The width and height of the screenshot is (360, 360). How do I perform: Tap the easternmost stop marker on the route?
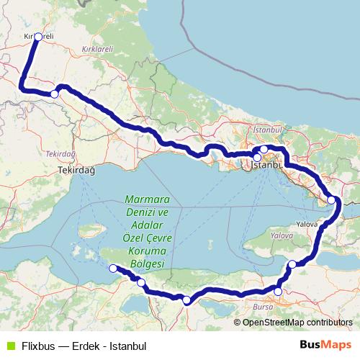click(332, 200)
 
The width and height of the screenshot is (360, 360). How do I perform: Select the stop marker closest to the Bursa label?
click(279, 292)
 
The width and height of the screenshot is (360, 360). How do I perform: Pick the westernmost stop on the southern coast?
click(112, 269)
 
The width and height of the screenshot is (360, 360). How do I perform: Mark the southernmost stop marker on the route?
click(186, 300)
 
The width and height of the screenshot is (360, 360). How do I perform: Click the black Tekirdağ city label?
click(76, 171)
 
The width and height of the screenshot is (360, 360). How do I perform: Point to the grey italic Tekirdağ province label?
click(60, 154)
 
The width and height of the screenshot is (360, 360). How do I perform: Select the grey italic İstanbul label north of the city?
click(266, 130)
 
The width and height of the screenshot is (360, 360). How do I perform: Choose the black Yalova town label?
click(307, 224)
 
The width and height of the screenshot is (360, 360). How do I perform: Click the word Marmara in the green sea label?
click(146, 199)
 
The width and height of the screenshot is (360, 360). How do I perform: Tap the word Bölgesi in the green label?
click(146, 264)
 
